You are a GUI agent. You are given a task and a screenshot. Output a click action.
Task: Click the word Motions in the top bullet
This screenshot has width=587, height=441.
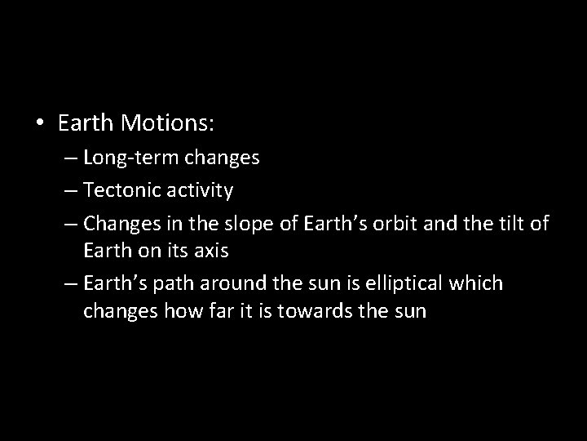[166, 123]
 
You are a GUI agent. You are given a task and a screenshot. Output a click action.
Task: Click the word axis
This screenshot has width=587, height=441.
[210, 252]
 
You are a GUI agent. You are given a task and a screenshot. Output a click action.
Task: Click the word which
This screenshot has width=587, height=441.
[479, 284]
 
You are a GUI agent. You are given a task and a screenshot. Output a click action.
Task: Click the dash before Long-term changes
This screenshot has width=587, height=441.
[68, 158]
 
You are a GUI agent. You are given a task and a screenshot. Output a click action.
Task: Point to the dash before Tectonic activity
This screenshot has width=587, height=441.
[68, 191]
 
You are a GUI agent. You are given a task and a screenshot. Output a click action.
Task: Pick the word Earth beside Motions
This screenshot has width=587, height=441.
[86, 123]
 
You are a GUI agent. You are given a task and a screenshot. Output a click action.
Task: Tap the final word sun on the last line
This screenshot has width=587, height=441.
[408, 312]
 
